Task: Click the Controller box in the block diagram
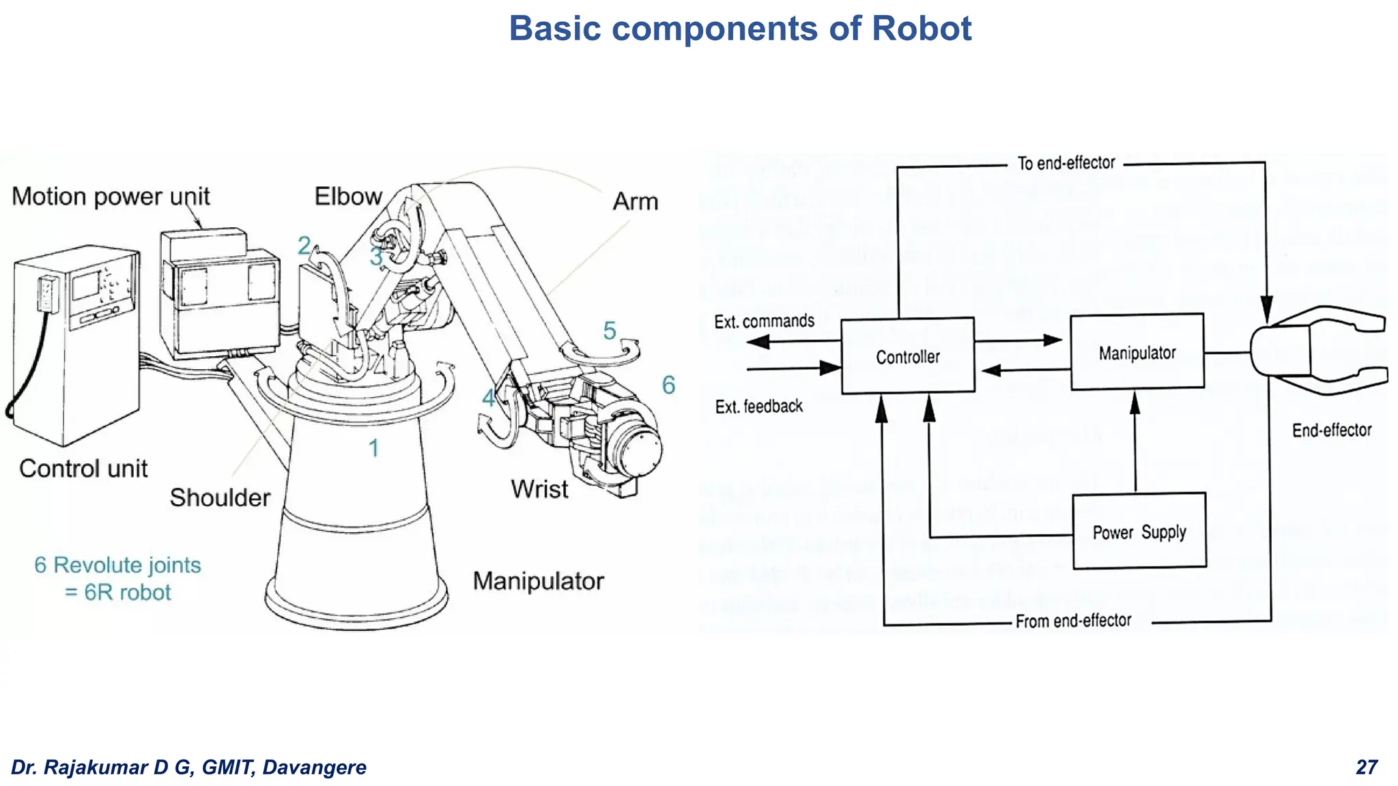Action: coord(907,356)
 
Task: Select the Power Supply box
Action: coord(1139,531)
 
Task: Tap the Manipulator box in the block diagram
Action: coord(1137,352)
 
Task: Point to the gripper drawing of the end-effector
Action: coord(1317,351)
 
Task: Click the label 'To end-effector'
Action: coord(1066,163)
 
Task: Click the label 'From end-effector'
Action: coord(1072,621)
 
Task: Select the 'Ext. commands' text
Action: coord(764,321)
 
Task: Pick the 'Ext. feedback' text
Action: coord(758,407)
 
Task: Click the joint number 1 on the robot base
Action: coord(373,448)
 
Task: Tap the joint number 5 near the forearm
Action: coord(609,331)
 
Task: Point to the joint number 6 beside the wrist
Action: coord(668,385)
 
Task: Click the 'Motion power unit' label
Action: coord(111,196)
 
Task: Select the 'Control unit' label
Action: coord(83,469)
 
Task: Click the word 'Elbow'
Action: coord(347,196)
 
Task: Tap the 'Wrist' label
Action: coord(539,489)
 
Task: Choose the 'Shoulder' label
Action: coord(220,497)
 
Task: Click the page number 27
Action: coord(1367,767)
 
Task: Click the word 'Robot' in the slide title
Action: coord(921,29)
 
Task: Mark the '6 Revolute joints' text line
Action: coord(117,565)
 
